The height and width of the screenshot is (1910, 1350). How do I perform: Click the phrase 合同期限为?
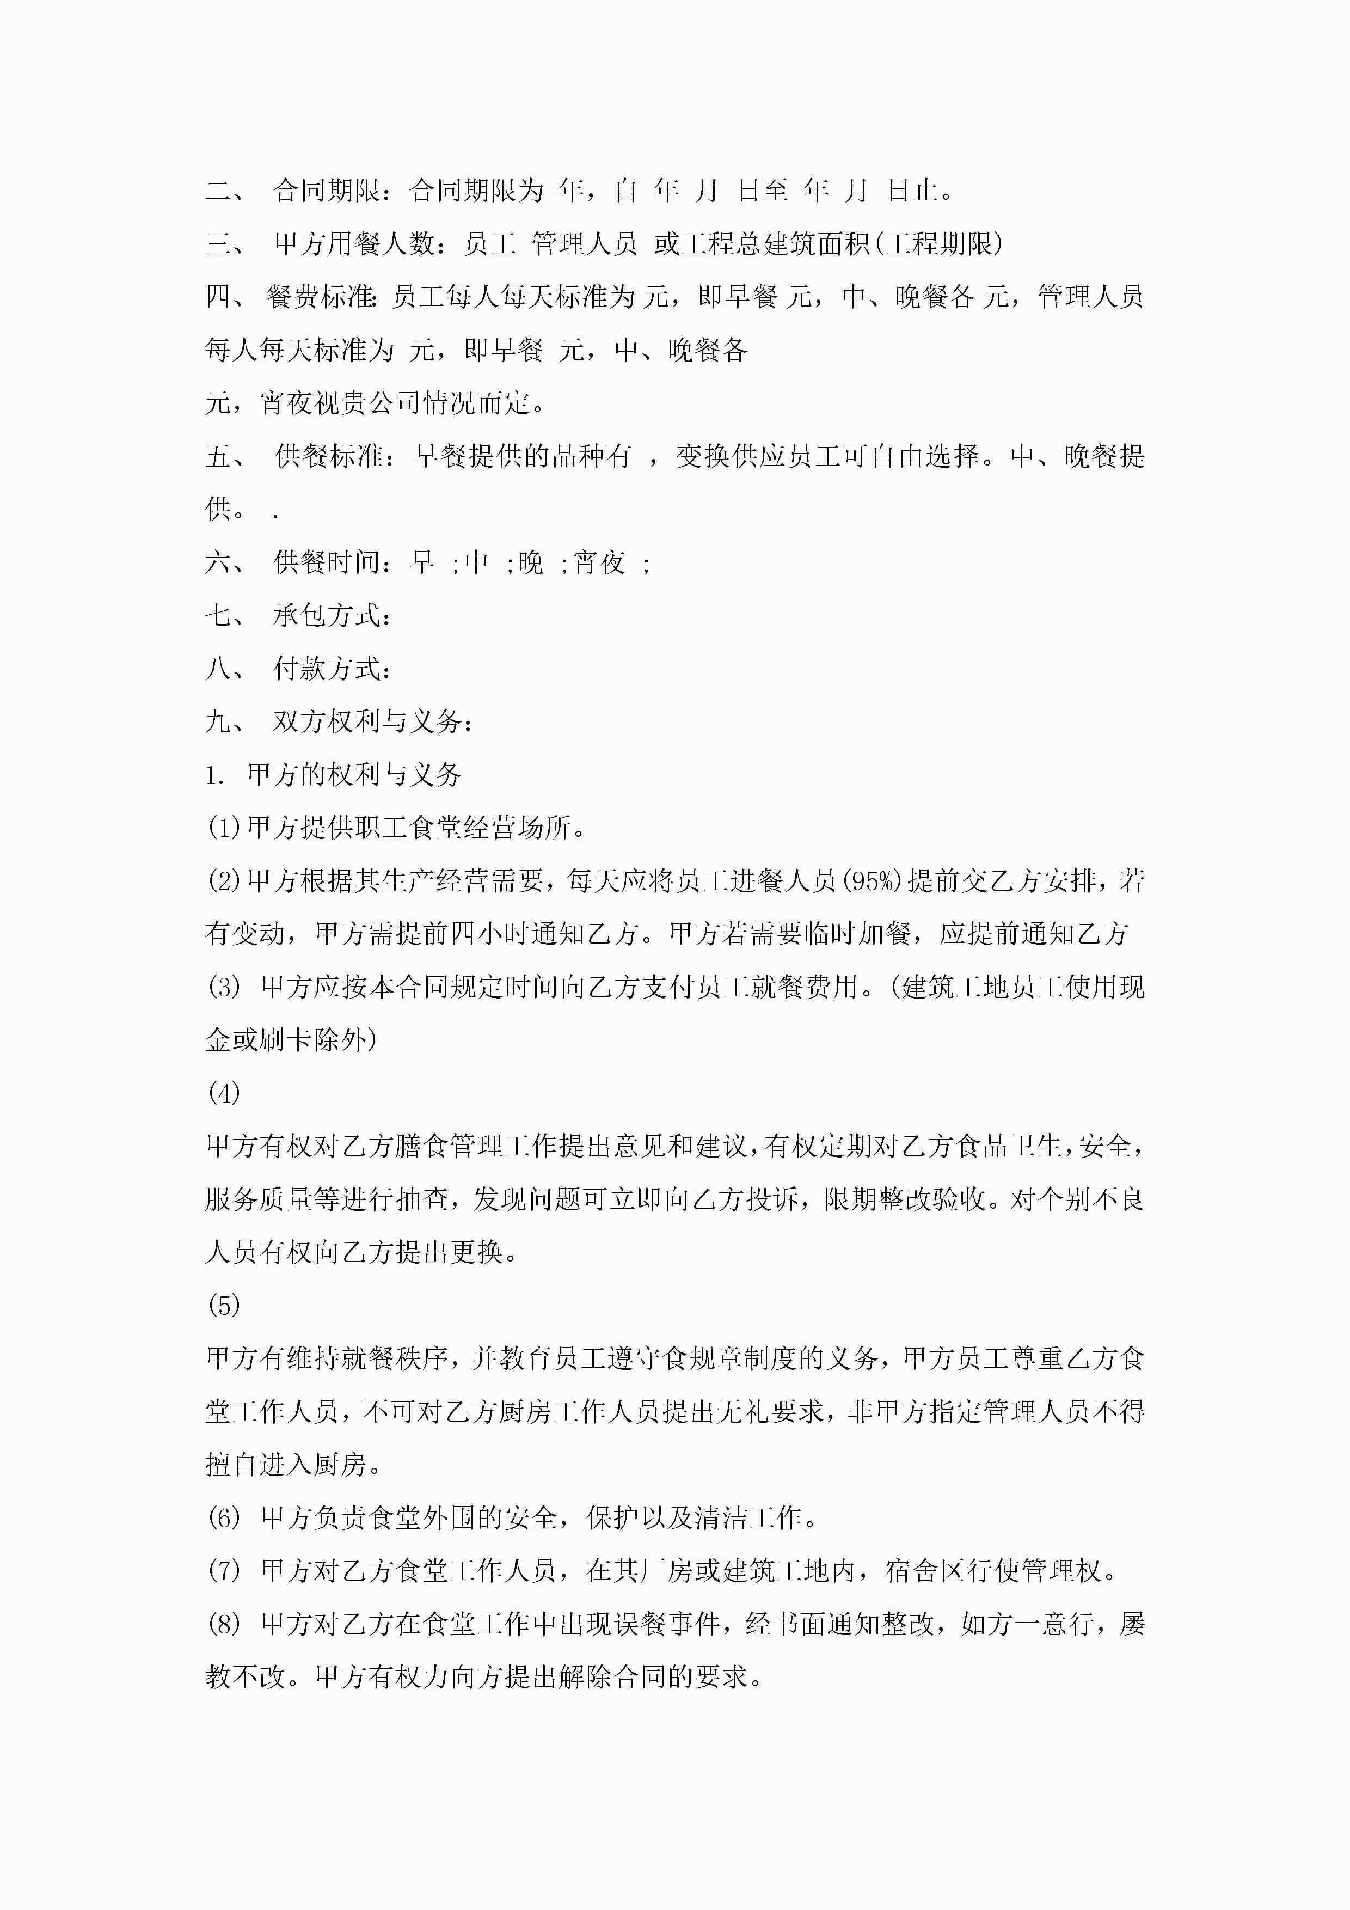tap(476, 191)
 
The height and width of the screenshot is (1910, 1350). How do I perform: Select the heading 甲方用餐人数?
tap(353, 244)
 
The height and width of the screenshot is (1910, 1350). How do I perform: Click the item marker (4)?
tap(223, 1093)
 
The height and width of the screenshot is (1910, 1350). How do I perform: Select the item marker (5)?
tap(223, 1305)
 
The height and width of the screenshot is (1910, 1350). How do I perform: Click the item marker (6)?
tap(223, 1518)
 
